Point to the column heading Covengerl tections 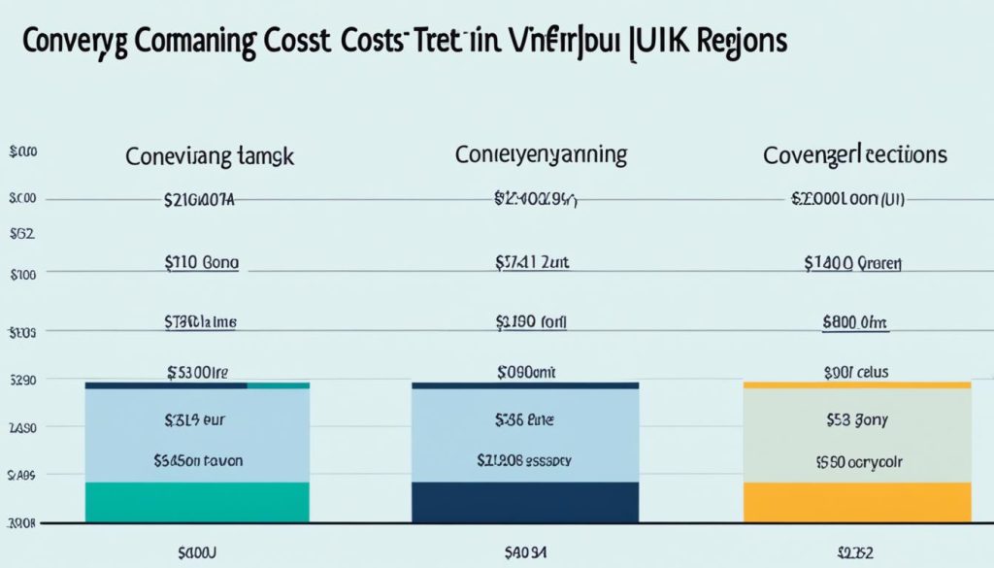855,154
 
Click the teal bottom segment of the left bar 197,502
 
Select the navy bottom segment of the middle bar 525,502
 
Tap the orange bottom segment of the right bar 856,502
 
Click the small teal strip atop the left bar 279,385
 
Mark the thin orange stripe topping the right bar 856,385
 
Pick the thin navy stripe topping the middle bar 525,385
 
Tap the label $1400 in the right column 852,262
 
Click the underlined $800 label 854,323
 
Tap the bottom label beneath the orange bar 856,552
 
